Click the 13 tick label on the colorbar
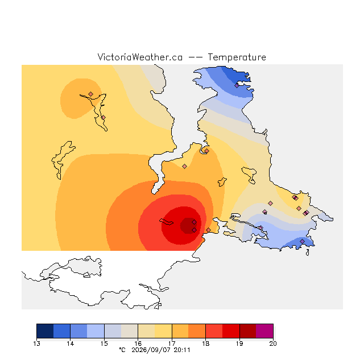(36, 344)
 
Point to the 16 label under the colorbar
(138, 344)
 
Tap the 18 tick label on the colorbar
(205, 344)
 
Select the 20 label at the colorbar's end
(273, 344)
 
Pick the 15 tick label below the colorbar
(104, 344)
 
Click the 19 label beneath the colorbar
(239, 344)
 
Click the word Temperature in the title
(237, 57)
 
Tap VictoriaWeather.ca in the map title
(140, 57)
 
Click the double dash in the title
(195, 57)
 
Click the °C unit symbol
(122, 350)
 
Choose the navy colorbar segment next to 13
(45, 331)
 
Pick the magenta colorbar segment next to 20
(264, 331)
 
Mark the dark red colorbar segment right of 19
(248, 331)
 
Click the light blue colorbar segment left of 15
(96, 331)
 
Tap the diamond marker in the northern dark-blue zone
(237, 85)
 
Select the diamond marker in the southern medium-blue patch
(302, 241)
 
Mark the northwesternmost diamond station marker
(90, 94)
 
